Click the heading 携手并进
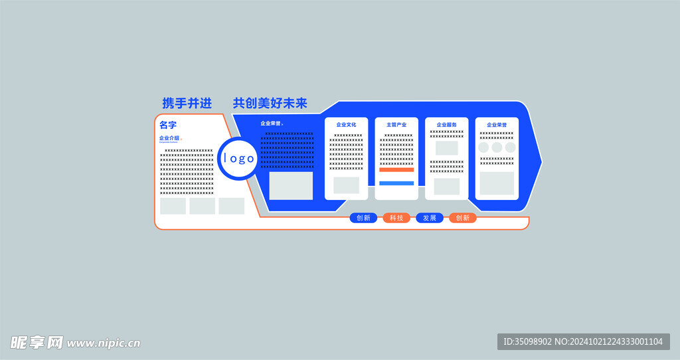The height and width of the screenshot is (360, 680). (187, 103)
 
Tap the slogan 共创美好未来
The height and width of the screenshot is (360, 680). (270, 103)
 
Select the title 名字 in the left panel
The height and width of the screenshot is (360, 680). (168, 125)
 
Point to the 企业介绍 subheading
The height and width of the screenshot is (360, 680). (169, 138)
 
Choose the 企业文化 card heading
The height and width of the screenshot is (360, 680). (346, 124)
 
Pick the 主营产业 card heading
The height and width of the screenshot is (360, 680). (396, 124)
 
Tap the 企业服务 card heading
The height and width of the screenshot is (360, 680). (446, 124)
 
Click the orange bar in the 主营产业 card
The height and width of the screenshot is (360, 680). (396, 169)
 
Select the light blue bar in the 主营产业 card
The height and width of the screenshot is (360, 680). (396, 183)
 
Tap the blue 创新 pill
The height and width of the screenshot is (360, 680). (363, 218)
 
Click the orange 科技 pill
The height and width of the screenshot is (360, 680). (396, 218)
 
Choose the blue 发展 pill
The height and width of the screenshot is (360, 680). (430, 218)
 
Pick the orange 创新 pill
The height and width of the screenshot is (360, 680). (463, 218)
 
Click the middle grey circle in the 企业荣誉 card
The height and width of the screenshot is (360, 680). (497, 147)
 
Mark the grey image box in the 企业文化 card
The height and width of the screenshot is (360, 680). (346, 185)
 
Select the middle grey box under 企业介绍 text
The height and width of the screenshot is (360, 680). (202, 206)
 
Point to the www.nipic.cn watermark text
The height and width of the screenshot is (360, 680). (104, 343)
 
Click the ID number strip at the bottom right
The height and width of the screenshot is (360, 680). (583, 341)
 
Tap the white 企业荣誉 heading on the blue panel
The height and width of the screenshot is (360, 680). (271, 124)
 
